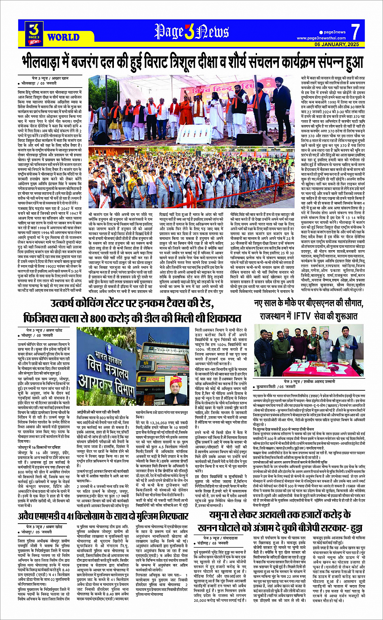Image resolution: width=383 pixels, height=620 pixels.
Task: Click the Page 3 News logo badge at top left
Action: tap(34, 33)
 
